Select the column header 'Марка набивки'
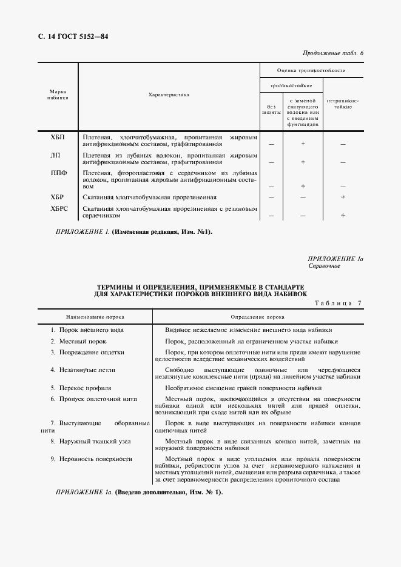[x=58, y=94]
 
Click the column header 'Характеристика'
[x=169, y=94]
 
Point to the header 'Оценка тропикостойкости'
[x=311, y=70]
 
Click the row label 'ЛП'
[x=55, y=155]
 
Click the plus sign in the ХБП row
[x=302, y=144]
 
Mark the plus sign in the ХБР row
[x=343, y=197]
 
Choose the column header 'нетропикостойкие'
[x=343, y=103]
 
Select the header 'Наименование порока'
[x=90, y=317]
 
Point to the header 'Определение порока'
[x=257, y=317]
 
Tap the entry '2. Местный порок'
[x=78, y=342]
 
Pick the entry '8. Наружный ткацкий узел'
[x=90, y=442]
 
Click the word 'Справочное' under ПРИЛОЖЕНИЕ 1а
[x=324, y=266]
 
